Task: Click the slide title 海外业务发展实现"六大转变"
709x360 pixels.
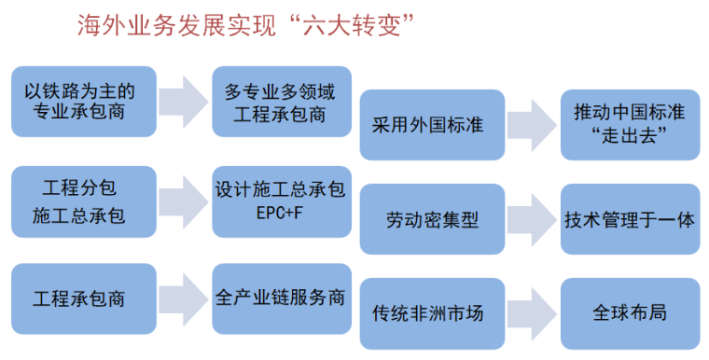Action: point(245,26)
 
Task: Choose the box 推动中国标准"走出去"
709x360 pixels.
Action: point(630,124)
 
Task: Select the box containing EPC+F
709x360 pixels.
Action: point(282,200)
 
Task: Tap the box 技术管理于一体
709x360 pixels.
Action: point(630,219)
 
